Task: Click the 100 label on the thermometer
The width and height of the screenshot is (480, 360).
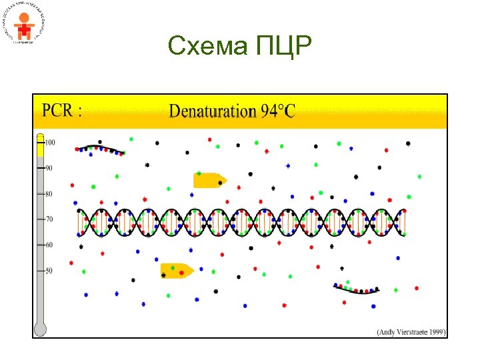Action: (x=50, y=142)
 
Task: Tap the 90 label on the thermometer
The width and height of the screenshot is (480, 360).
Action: (x=49, y=168)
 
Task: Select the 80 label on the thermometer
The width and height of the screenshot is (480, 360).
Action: (x=49, y=194)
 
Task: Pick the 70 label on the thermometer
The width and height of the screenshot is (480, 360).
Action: (x=49, y=219)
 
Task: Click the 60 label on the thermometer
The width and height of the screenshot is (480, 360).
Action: (x=49, y=245)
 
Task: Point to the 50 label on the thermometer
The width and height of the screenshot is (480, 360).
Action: (x=49, y=271)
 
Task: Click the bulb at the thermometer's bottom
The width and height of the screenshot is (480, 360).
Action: (x=40, y=329)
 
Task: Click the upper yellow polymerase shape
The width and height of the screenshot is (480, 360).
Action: (x=209, y=179)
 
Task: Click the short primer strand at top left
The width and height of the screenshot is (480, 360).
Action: (x=100, y=149)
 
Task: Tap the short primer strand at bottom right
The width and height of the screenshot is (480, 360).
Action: (x=357, y=289)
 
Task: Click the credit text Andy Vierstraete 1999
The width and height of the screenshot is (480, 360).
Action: (x=411, y=331)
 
